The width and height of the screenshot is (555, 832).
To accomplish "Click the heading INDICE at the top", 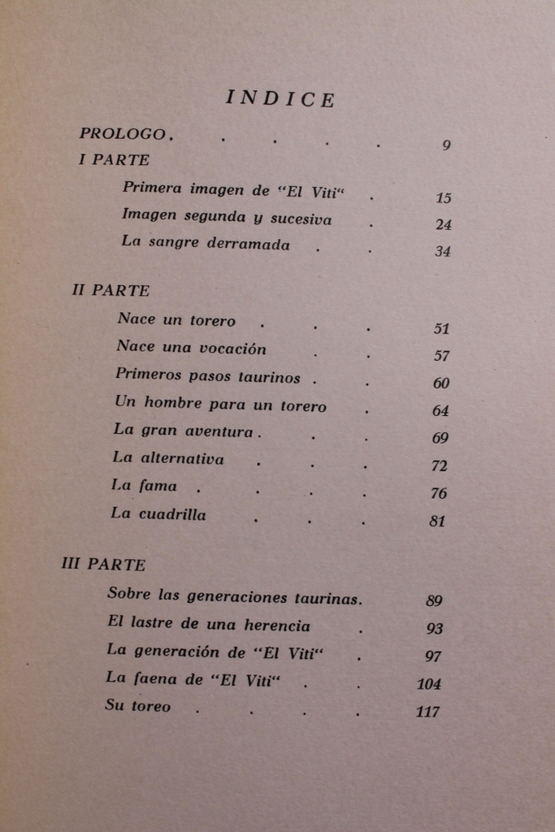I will [279, 99].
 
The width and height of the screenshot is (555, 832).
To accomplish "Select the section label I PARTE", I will [114, 160].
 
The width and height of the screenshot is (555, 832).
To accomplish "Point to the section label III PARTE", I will [103, 564].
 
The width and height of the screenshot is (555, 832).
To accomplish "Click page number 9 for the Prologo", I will [446, 146].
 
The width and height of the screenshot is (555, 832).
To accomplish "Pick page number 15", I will [443, 198].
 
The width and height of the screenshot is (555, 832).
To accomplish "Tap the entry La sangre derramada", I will [205, 244].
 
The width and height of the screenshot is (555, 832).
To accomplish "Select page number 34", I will [442, 251].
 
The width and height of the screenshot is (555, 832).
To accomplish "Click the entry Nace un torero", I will [176, 320].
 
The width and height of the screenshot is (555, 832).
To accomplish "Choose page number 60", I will [441, 383].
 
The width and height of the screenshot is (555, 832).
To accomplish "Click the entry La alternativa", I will [168, 458].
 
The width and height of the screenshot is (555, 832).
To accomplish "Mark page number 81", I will [437, 522].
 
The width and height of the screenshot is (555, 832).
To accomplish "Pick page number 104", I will [429, 684].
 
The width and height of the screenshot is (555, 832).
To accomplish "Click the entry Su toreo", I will [138, 706].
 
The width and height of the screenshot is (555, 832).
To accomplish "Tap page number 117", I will [427, 713].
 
